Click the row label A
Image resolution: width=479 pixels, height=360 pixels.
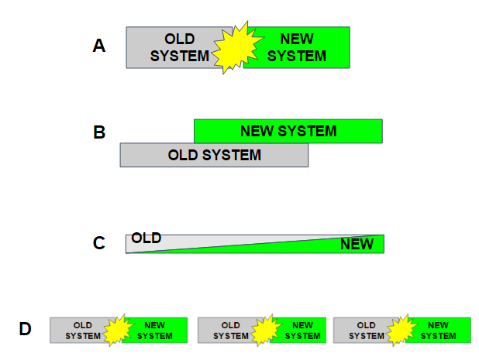click(x=98, y=46)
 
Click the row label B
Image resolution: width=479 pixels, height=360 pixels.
click(x=99, y=132)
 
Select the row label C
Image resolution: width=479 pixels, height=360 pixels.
click(x=99, y=243)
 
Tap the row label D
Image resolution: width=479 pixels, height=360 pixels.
click(x=26, y=330)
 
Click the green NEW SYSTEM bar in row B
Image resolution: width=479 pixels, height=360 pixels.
click(x=288, y=131)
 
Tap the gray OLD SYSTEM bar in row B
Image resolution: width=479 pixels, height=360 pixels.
click(x=214, y=155)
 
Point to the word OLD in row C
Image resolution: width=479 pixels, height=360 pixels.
click(x=146, y=238)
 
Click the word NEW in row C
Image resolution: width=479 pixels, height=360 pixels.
click(x=357, y=245)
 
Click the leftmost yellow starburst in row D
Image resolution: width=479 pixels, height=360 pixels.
click(x=117, y=330)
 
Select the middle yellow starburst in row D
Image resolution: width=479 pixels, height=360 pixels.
click(x=264, y=330)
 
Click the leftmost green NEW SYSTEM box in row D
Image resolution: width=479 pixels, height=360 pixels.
click(x=158, y=330)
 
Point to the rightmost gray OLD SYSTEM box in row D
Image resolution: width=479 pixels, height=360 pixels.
click(x=362, y=330)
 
